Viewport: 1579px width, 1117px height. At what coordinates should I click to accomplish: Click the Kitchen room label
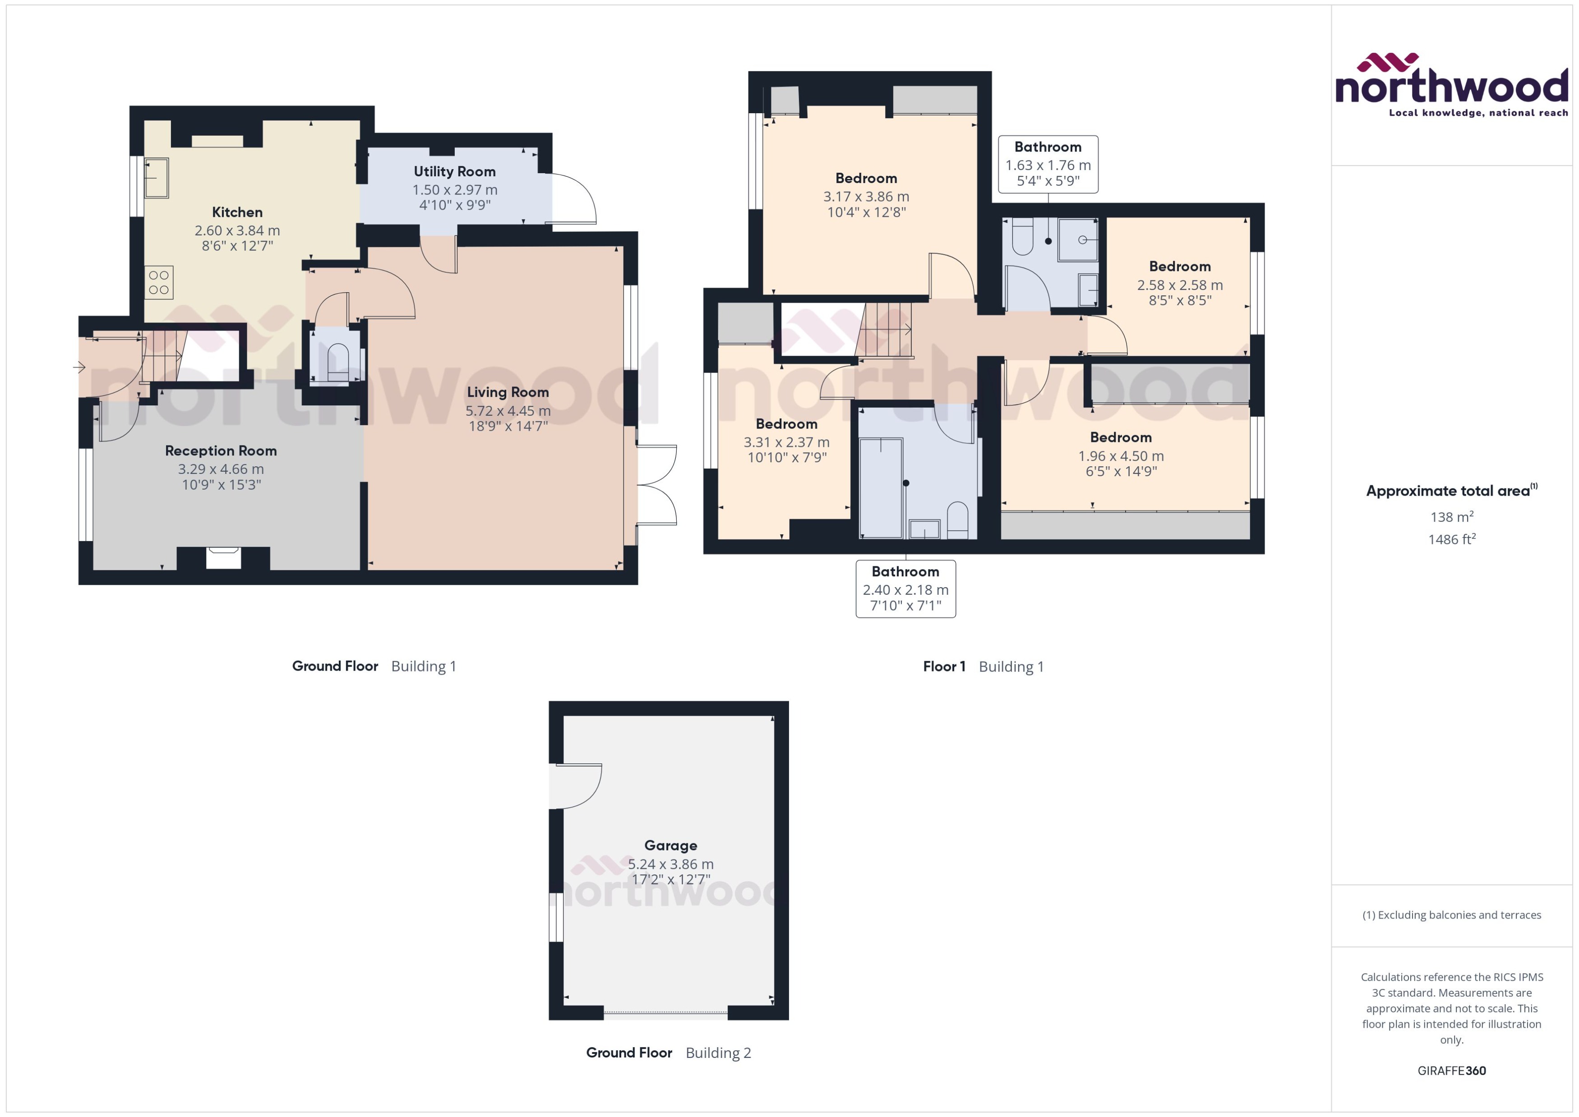237,212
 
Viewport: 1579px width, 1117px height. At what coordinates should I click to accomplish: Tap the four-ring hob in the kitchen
159,283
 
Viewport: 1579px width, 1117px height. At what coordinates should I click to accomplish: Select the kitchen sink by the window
156,178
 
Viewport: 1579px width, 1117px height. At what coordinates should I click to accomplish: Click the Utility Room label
454,171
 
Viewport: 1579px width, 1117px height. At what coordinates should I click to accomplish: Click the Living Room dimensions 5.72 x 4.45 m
508,411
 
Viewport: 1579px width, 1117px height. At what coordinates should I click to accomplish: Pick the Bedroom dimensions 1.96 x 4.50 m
1120,456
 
